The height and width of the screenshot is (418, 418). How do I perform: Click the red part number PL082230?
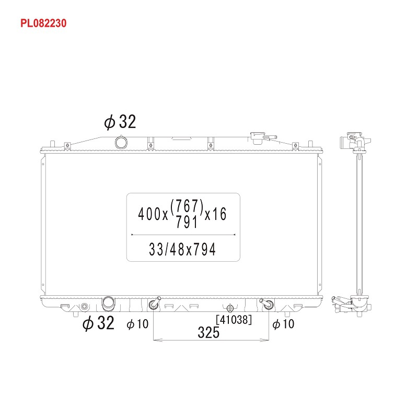tap(43, 24)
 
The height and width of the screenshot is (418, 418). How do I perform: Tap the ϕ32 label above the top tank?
tap(120, 122)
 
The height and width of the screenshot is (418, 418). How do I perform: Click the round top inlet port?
tap(121, 143)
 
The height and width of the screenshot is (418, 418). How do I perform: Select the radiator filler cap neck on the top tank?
tap(258, 137)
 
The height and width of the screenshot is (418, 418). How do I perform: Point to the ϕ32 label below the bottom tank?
tap(98, 323)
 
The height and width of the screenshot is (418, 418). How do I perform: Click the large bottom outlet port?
tap(109, 304)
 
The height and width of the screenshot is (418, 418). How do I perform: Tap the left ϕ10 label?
tap(137, 324)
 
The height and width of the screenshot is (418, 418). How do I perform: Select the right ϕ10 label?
tap(283, 324)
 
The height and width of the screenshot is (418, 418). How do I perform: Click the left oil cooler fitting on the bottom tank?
tap(154, 303)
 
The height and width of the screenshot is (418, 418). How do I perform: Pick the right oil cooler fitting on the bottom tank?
tap(267, 304)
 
